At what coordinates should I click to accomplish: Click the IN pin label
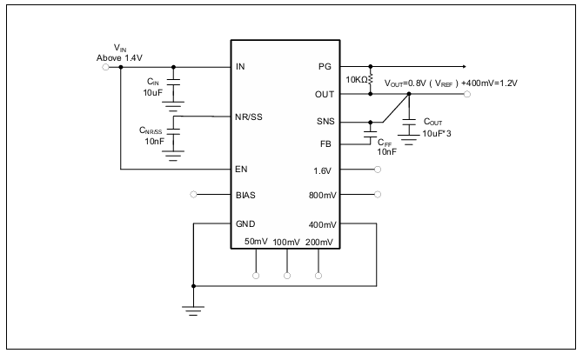(x=240, y=66)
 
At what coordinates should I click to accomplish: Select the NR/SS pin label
(x=248, y=117)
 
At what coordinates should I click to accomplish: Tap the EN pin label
(x=241, y=170)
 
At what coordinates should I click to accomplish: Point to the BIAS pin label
(x=245, y=195)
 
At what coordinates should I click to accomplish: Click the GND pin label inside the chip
(x=245, y=224)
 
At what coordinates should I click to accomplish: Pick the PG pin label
(x=325, y=66)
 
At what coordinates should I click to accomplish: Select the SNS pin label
(x=325, y=122)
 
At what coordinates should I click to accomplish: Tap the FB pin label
(x=325, y=143)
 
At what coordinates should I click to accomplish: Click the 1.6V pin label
(x=322, y=171)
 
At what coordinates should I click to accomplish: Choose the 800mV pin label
(x=322, y=195)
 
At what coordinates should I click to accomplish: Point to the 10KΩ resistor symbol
(x=371, y=80)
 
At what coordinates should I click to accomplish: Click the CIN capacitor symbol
(x=173, y=82)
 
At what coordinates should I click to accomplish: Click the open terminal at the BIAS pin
(x=193, y=194)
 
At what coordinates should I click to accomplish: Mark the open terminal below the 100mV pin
(x=287, y=276)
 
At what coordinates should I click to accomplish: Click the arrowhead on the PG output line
(x=464, y=66)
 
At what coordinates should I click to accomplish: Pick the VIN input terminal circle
(x=105, y=67)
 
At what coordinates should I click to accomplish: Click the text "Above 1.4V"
(x=119, y=58)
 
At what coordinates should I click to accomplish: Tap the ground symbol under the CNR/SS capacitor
(x=173, y=156)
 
